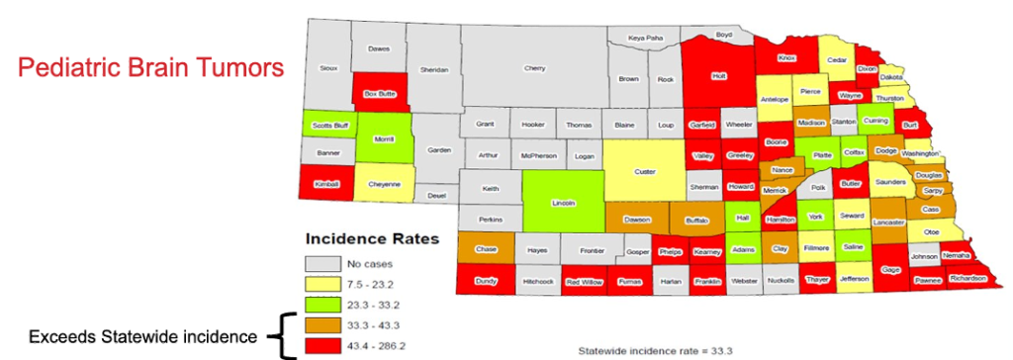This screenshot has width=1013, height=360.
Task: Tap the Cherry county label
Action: [x=534, y=68]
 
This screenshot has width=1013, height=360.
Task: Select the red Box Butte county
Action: [x=379, y=94]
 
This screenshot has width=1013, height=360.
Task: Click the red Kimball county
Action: [x=326, y=184]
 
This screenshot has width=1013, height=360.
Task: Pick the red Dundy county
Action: [x=486, y=281]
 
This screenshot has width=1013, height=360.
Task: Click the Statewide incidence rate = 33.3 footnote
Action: [x=656, y=350]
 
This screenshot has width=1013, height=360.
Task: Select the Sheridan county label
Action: [x=434, y=69]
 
